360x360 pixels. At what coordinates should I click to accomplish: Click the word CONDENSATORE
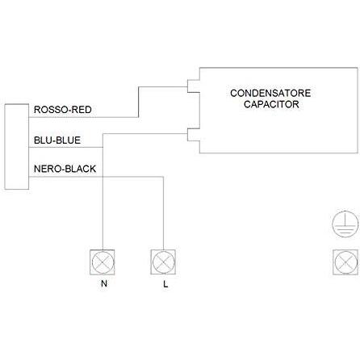pyautogui.click(x=270, y=93)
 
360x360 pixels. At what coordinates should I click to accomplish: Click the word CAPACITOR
pyautogui.click(x=271, y=104)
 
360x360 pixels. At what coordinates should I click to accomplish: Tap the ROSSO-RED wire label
pyautogui.click(x=63, y=110)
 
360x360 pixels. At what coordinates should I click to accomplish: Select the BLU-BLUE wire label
pyautogui.click(x=57, y=140)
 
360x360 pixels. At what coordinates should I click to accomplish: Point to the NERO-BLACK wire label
pyautogui.click(x=65, y=169)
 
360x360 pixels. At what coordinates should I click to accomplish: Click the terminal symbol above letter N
pyautogui.click(x=103, y=262)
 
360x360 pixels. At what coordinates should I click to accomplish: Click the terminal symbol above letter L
pyautogui.click(x=163, y=262)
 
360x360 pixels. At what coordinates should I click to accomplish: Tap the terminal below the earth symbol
pyautogui.click(x=345, y=262)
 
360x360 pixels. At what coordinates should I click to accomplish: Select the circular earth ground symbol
pyautogui.click(x=345, y=224)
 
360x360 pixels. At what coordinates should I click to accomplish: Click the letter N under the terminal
pyautogui.click(x=104, y=283)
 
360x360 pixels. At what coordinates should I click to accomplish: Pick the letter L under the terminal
pyautogui.click(x=165, y=284)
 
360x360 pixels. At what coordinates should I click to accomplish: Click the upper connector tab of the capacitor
pyautogui.click(x=194, y=86)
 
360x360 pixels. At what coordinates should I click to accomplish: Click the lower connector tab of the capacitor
pyautogui.click(x=194, y=135)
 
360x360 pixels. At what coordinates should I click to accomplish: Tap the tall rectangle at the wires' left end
pyautogui.click(x=17, y=147)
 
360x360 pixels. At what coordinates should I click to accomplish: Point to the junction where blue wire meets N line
pyautogui.click(x=103, y=147)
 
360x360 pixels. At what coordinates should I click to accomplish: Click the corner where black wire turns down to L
pyautogui.click(x=163, y=177)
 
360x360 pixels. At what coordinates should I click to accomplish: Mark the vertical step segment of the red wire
pyautogui.click(x=138, y=102)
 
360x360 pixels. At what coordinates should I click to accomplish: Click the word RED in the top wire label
pyautogui.click(x=82, y=110)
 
